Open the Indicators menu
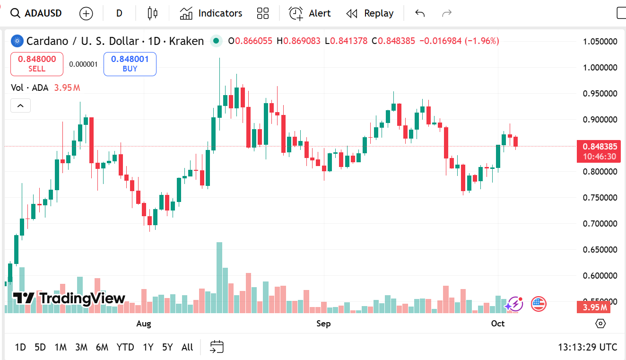pos(211,13)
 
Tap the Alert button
pos(310,13)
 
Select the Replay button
pos(370,13)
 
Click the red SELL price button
pos(37,64)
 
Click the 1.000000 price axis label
pos(600,68)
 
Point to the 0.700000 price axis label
pos(600,223)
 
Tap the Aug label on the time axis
pos(144,324)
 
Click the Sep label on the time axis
pos(323,324)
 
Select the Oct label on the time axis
pos(498,324)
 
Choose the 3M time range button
pos(81,347)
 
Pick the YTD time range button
pos(125,347)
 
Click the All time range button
pos(187,347)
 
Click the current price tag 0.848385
pos(599,147)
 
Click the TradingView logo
pos(69,298)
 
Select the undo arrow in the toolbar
pos(420,13)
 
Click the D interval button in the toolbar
pos(119,13)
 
